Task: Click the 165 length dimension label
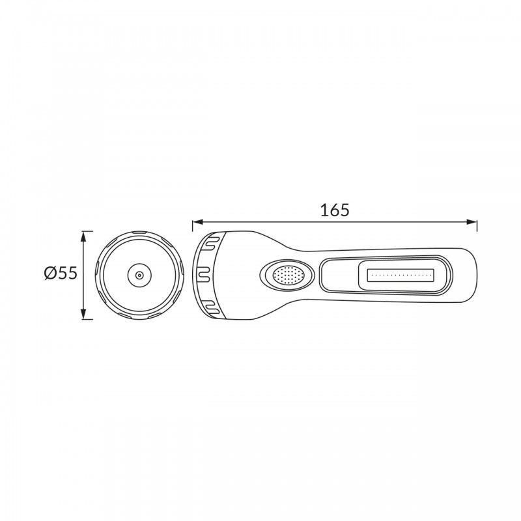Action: coord(335,210)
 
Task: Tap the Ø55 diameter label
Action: coord(61,273)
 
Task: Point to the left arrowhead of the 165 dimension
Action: coord(197,222)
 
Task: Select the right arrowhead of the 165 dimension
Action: coord(472,222)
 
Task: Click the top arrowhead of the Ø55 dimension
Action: coord(83,236)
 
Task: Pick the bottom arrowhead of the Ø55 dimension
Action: coord(83,314)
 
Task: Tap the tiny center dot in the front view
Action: coord(139,275)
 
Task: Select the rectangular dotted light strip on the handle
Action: coord(401,275)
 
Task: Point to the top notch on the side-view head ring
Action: coord(211,242)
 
